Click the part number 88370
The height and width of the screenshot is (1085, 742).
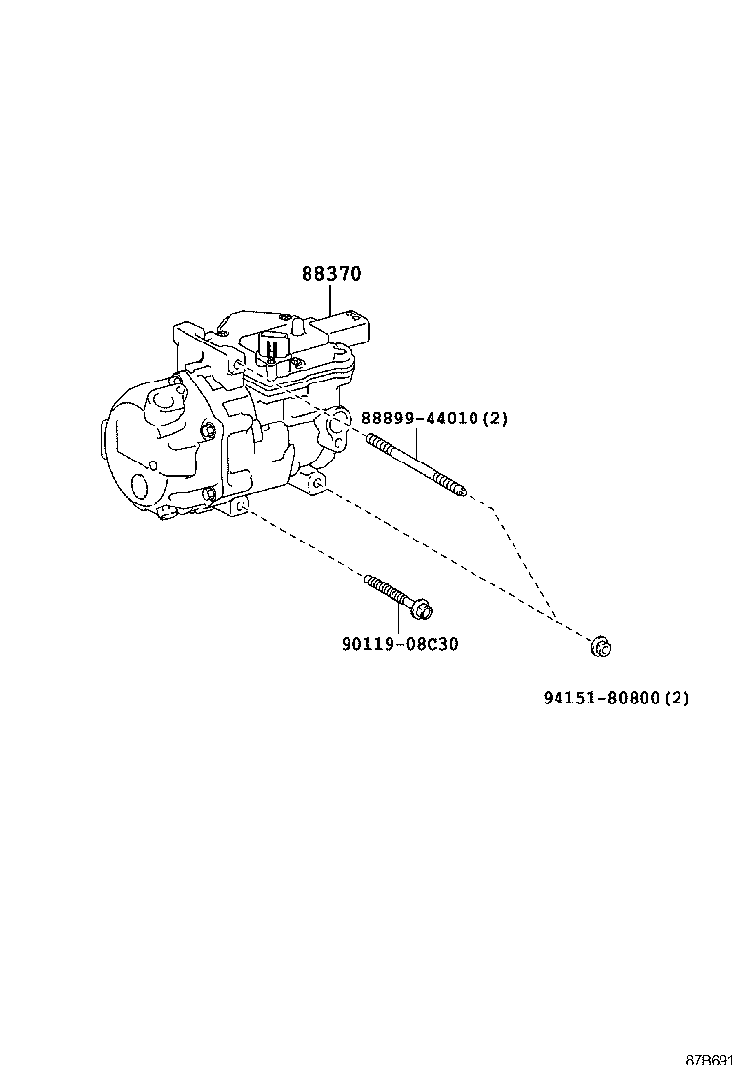point(331,274)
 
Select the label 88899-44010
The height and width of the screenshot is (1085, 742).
point(419,419)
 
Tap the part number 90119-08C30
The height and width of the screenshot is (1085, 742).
point(399,644)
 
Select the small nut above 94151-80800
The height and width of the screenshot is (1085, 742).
point(599,645)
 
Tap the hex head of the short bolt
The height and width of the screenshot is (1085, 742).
point(423,610)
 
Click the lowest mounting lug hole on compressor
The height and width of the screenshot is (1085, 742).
point(240,506)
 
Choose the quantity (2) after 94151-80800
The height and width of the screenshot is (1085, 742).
point(678,699)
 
